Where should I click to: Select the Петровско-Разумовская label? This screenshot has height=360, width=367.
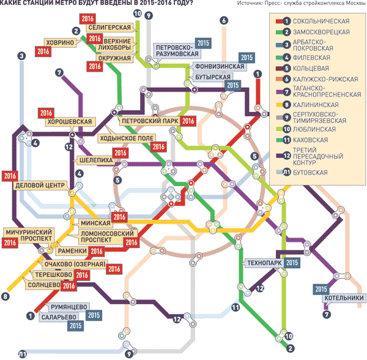[x=174, y=50]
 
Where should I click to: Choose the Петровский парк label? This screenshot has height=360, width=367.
[x=149, y=121]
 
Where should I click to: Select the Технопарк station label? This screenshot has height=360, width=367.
[x=263, y=263]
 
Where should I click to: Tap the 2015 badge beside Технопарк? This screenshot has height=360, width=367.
[x=292, y=263]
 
